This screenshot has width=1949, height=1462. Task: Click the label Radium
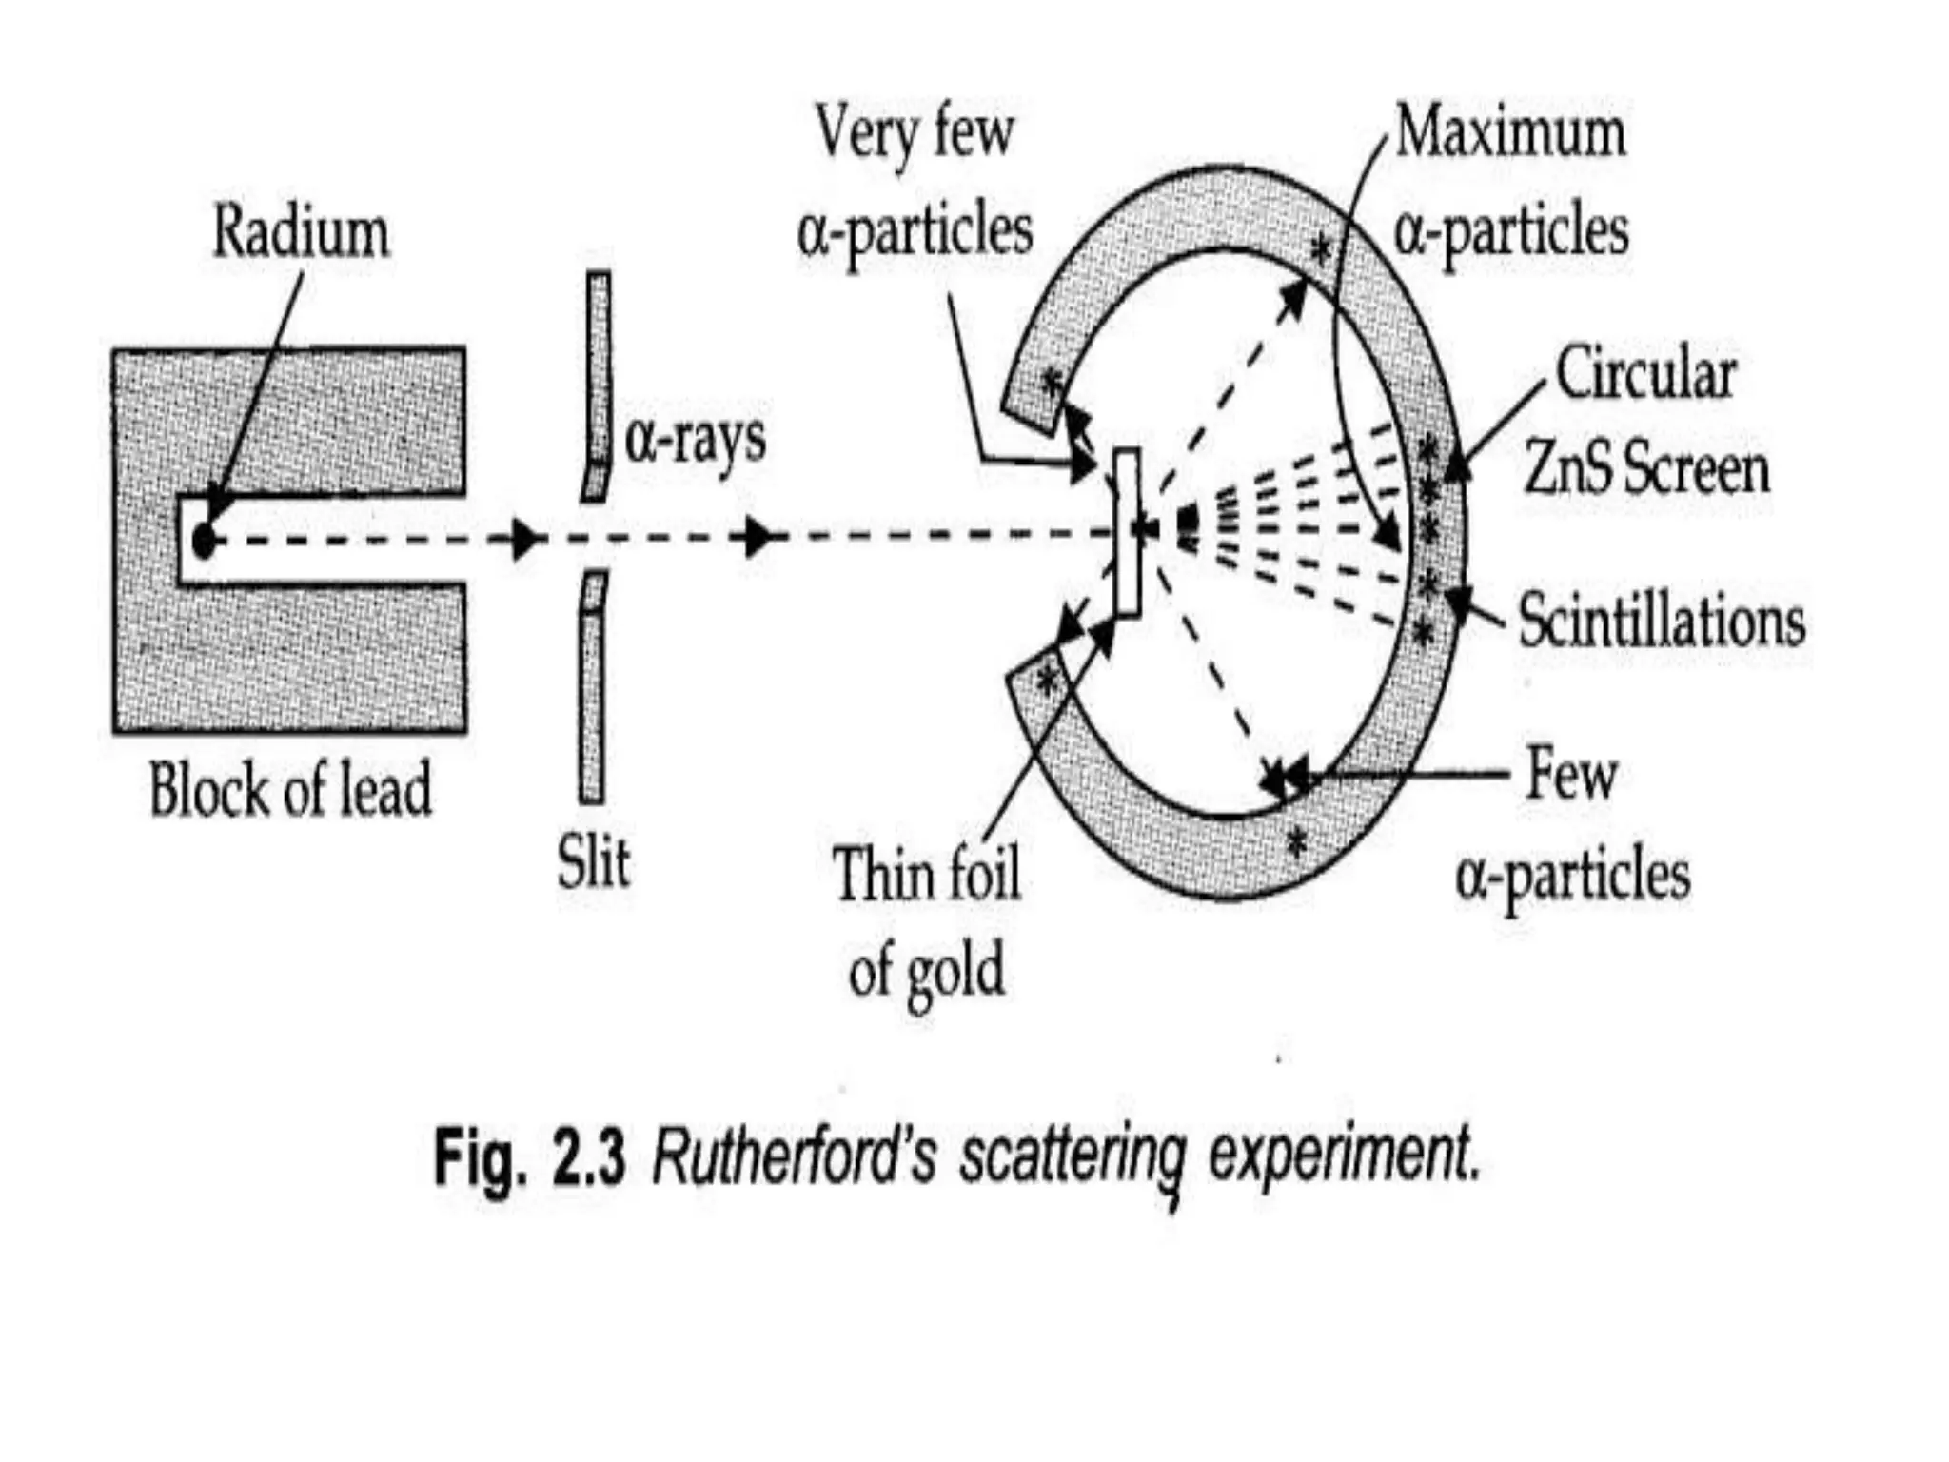(x=301, y=233)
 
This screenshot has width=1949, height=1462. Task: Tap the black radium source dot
(x=203, y=540)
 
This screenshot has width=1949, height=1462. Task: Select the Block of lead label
(x=290, y=790)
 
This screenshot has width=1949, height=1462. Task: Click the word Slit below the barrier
(x=593, y=862)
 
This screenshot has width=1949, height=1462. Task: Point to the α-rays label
(x=696, y=440)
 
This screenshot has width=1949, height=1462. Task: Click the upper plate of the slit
(x=598, y=381)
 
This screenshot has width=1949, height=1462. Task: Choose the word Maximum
(x=1510, y=133)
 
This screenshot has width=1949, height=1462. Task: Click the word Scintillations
(x=1662, y=622)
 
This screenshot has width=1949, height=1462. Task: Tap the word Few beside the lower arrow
(x=1572, y=775)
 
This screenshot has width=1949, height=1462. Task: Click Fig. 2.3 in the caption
(x=530, y=1157)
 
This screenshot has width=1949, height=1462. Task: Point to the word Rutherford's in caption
(x=794, y=1157)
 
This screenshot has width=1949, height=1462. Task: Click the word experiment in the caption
(x=1345, y=1157)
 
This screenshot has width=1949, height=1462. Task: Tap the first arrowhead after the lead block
(x=522, y=540)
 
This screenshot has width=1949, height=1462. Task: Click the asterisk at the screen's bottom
(x=1296, y=841)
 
